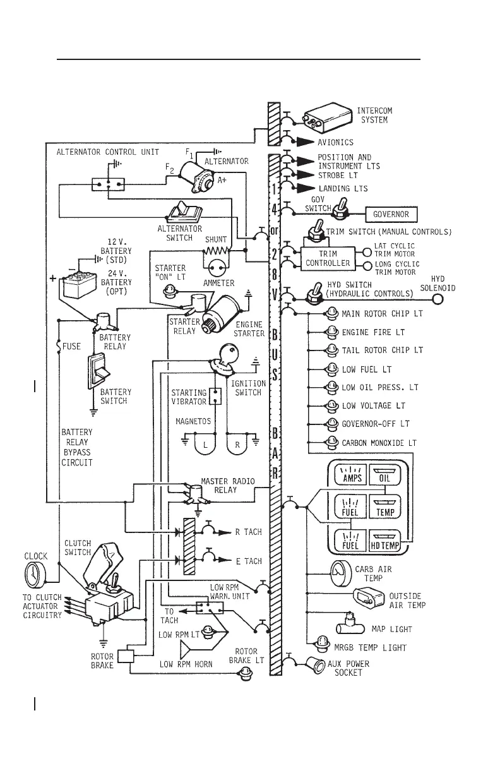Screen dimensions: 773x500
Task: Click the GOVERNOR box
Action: (391, 214)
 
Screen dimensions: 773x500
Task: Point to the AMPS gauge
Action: (351, 474)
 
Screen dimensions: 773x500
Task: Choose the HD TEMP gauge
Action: (384, 540)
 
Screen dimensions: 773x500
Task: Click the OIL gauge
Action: (385, 474)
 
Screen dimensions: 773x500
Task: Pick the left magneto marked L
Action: (205, 444)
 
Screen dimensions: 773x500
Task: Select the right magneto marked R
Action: (238, 444)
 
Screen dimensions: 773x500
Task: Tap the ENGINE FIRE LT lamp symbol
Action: (332, 332)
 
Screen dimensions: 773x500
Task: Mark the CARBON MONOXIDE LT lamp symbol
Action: (332, 443)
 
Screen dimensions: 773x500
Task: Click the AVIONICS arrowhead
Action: (306, 142)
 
